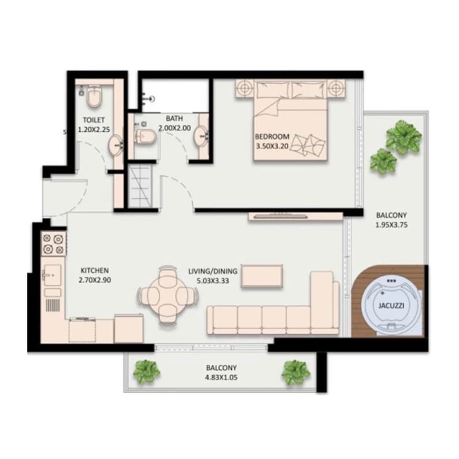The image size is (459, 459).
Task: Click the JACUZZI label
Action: pyautogui.click(x=391, y=306)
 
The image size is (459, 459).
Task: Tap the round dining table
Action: pyautogui.click(x=167, y=296)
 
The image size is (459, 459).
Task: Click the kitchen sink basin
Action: pyautogui.click(x=53, y=275)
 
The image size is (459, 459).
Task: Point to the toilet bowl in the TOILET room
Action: pyautogui.click(x=94, y=96)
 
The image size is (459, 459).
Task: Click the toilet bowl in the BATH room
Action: pyautogui.click(x=145, y=137)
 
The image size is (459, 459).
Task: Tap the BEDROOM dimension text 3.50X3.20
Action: pyautogui.click(x=273, y=146)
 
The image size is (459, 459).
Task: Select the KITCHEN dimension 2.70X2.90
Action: pyautogui.click(x=95, y=280)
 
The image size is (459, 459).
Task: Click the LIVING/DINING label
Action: pyautogui.click(x=213, y=271)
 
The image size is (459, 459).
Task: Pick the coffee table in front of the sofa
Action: pyautogui.click(x=262, y=277)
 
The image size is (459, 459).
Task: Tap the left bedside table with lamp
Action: pyautogui.click(x=244, y=88)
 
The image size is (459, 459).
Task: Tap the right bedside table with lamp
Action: pyautogui.click(x=336, y=88)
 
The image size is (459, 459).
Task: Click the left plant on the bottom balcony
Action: pyautogui.click(x=147, y=372)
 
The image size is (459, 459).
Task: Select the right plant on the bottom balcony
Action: pyautogui.click(x=296, y=372)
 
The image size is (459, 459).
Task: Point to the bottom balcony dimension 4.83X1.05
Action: pyautogui.click(x=221, y=377)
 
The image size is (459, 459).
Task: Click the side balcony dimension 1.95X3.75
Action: pyautogui.click(x=391, y=225)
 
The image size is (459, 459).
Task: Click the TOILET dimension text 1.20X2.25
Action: pyautogui.click(x=94, y=129)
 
